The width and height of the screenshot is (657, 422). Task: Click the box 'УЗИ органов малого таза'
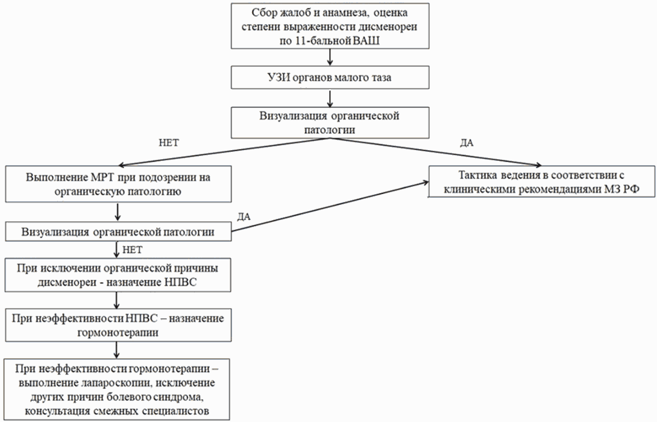pos(330,78)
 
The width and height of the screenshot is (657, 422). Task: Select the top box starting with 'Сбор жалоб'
pos(330,26)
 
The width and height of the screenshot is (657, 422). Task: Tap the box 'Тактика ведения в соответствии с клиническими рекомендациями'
pos(541,181)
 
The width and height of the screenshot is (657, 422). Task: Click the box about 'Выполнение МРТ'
pos(118,184)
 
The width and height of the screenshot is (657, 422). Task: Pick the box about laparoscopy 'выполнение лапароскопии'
pos(117,389)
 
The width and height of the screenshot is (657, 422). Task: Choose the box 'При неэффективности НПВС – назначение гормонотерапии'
pos(118,325)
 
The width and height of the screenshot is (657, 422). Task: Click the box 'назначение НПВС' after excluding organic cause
pos(118,275)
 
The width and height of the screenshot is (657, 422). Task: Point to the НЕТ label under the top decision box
pos(168,143)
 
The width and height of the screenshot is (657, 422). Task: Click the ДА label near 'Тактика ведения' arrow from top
pos(467,143)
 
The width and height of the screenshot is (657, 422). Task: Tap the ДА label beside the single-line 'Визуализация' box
pos(244,216)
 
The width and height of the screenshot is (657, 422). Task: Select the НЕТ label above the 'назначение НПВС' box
pos(133,250)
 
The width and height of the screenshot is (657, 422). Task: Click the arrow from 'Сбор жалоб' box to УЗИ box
pos(330,57)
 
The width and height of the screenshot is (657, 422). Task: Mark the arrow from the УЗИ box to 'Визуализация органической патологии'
pos(330,98)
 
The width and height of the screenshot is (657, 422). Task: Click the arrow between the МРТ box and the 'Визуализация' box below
pos(118,212)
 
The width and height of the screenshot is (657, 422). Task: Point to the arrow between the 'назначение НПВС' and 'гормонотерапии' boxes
pos(117,300)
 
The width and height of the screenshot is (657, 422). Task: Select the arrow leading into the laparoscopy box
pos(117,350)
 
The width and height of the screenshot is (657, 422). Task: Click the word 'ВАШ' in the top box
pos(367,41)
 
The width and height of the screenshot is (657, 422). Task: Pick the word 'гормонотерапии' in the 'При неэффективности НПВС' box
pos(118,332)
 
